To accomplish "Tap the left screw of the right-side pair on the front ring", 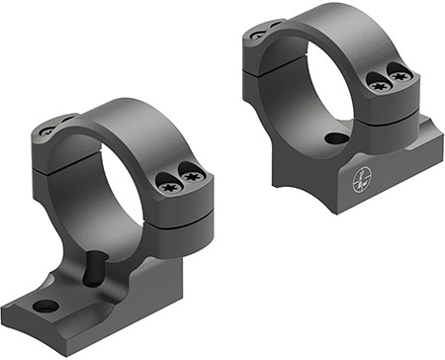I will click(x=167, y=180).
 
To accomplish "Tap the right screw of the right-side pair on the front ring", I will click(x=192, y=176).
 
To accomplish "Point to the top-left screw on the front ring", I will click(x=46, y=130).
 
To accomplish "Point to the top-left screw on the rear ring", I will click(x=258, y=34).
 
